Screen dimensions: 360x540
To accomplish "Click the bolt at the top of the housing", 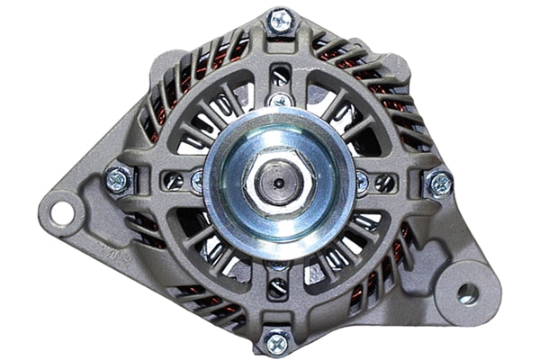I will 280,20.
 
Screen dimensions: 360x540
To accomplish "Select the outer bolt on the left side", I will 118,181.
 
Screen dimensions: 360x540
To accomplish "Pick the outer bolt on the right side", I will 438,184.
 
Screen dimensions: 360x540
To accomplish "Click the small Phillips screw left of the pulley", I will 196,181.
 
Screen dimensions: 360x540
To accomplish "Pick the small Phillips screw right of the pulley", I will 361,183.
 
